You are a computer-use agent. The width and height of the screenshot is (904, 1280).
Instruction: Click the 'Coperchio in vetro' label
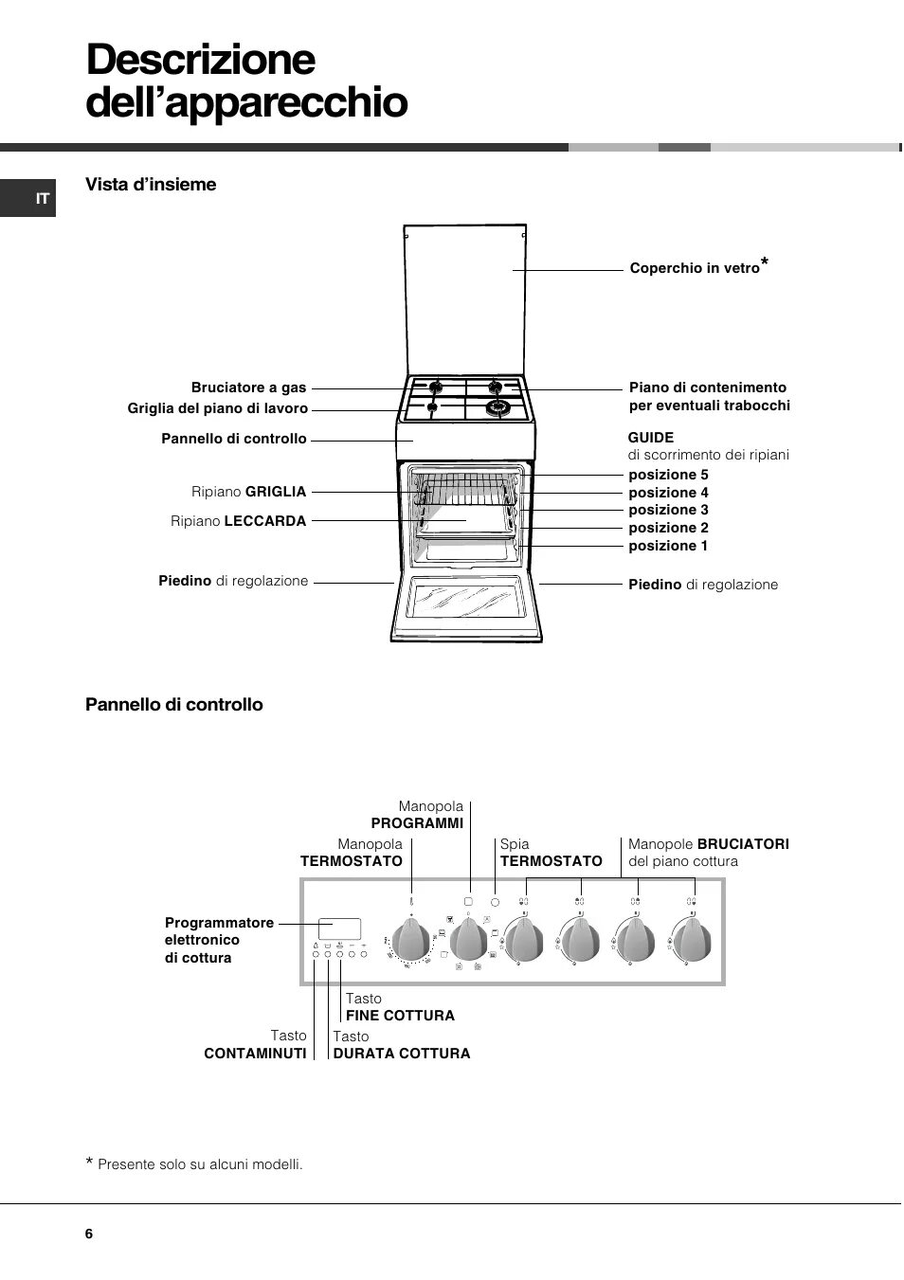[695, 268]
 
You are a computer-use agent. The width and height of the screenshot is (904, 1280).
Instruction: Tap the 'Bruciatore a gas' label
[248, 388]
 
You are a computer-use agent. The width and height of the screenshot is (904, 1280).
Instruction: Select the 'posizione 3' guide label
[668, 510]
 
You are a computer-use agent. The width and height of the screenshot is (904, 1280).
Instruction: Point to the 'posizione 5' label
[668, 475]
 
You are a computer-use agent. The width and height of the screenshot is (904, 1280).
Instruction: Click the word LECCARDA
[265, 521]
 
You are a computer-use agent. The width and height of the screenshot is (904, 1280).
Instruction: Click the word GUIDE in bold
[651, 437]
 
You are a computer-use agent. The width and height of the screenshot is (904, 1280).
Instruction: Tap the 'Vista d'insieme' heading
[151, 185]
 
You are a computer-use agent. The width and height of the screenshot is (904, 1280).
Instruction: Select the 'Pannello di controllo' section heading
[174, 705]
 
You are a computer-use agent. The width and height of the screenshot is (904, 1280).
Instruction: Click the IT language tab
[42, 199]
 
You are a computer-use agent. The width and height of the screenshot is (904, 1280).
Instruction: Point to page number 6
[89, 1234]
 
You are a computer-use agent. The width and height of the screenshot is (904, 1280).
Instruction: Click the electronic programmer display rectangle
[339, 927]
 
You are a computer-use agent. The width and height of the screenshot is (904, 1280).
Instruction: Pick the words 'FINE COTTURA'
[400, 1016]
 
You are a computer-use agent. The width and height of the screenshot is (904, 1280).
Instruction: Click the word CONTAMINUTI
[256, 1054]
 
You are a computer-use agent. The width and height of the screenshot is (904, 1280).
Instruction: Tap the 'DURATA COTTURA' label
[401, 1054]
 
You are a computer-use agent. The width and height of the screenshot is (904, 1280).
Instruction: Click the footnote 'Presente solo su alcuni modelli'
[207, 1164]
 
